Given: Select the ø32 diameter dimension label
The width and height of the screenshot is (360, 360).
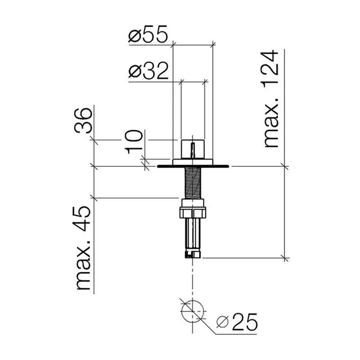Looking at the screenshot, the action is pos(149,71).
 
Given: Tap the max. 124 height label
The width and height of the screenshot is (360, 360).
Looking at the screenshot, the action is pos(271,99).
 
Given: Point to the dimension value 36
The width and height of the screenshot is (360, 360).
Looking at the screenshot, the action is pos(84,121).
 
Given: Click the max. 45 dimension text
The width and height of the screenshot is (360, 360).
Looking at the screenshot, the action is pos(84,248).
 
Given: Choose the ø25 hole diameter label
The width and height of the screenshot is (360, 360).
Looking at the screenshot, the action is pos(237,321).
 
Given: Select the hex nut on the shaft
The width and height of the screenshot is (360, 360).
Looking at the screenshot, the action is pos(193,212).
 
